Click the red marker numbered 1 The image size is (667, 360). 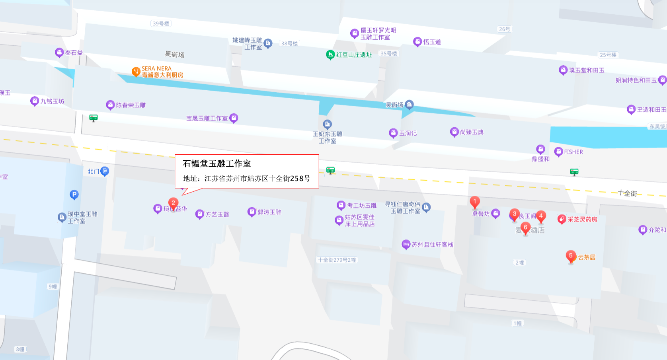tap(474, 202)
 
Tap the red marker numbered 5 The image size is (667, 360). tap(571, 256)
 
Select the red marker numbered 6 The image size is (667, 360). tap(525, 228)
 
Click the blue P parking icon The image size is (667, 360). tap(74, 195)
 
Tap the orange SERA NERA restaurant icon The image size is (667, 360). tap(136, 72)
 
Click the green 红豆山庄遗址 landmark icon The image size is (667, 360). tap(330, 55)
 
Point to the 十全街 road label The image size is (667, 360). tap(628, 193)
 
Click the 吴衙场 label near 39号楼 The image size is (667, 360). tap(175, 54)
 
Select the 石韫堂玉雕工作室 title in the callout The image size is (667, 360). tap(217, 163)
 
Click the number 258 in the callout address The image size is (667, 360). tap(296, 179)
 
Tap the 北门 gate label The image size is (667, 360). tap(93, 171)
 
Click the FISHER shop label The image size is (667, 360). tap(573, 152)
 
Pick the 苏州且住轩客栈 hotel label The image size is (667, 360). tap(432, 245)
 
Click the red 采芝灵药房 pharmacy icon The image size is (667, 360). tap(562, 219)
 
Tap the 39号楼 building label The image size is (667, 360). tap(161, 23)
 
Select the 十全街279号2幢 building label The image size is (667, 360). tap(337, 260)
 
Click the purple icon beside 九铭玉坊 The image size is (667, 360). tap(35, 101)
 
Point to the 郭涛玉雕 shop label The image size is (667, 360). tap(269, 212)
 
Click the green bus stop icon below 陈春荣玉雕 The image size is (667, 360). tap(94, 118)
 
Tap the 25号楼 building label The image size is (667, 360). tap(608, 55)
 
